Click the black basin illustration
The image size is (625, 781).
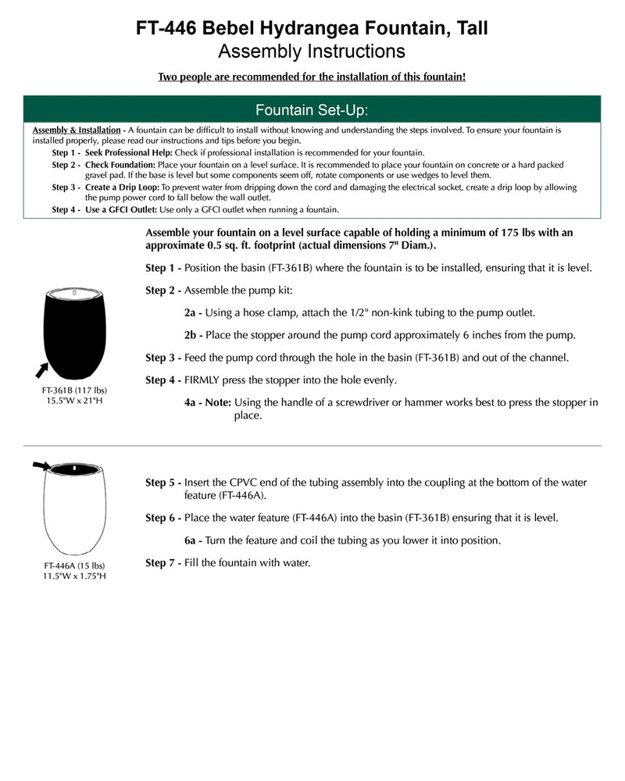point(74,332)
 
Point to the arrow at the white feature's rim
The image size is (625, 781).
point(40,465)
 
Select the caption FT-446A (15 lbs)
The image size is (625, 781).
point(74,565)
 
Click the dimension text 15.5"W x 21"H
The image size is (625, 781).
point(74,401)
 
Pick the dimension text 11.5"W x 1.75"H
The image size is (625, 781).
point(74,576)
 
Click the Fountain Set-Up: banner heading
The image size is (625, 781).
point(312,108)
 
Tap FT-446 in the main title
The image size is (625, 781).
point(167,30)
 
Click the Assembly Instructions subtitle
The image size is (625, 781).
point(312,52)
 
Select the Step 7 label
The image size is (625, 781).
point(162,562)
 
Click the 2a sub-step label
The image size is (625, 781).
point(193,312)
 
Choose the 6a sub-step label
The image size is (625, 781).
point(193,540)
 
